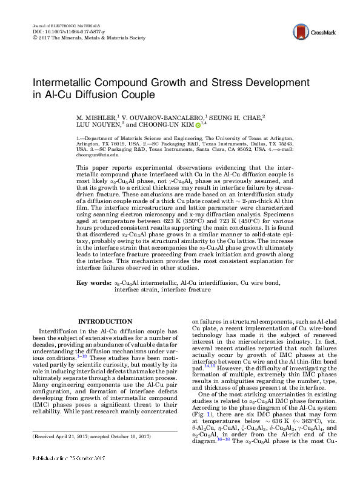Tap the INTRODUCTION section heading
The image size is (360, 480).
coord(106,321)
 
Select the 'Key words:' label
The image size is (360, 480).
coord(93,283)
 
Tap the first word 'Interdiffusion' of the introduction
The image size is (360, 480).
coord(56,332)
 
